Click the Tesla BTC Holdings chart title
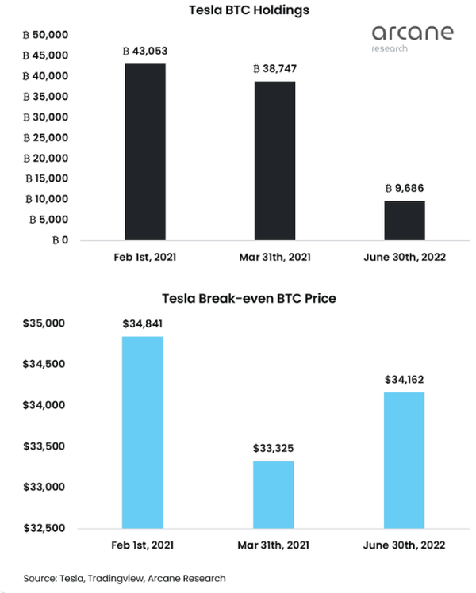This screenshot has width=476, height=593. tap(237, 10)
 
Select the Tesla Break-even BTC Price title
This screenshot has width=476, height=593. tap(237, 299)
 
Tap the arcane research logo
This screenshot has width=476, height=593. tap(413, 36)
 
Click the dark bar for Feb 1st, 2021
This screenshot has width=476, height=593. tap(145, 151)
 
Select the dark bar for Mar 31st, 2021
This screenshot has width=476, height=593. tap(274, 160)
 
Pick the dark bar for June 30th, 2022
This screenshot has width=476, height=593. tap(405, 220)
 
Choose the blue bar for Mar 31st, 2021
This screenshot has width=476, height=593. tap(274, 494)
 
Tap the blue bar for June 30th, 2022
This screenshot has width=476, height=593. tap(405, 460)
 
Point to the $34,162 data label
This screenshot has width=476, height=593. tap(405, 380)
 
